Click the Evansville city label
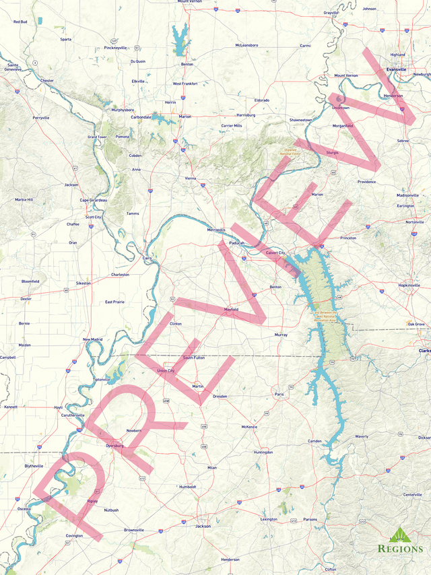[x=396, y=69]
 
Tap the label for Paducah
[x=236, y=243]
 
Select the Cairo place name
[x=147, y=258]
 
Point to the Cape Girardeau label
[x=94, y=200]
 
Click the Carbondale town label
[x=141, y=116]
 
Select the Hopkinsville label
[x=409, y=285]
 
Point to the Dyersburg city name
[x=115, y=445]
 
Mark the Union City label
[x=166, y=371]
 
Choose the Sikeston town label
[x=84, y=283]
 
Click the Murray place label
[x=281, y=334]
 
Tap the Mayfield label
[x=231, y=309]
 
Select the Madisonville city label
[x=407, y=195]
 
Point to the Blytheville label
[x=34, y=465]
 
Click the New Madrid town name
[x=92, y=339]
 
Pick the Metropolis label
[x=216, y=230]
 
